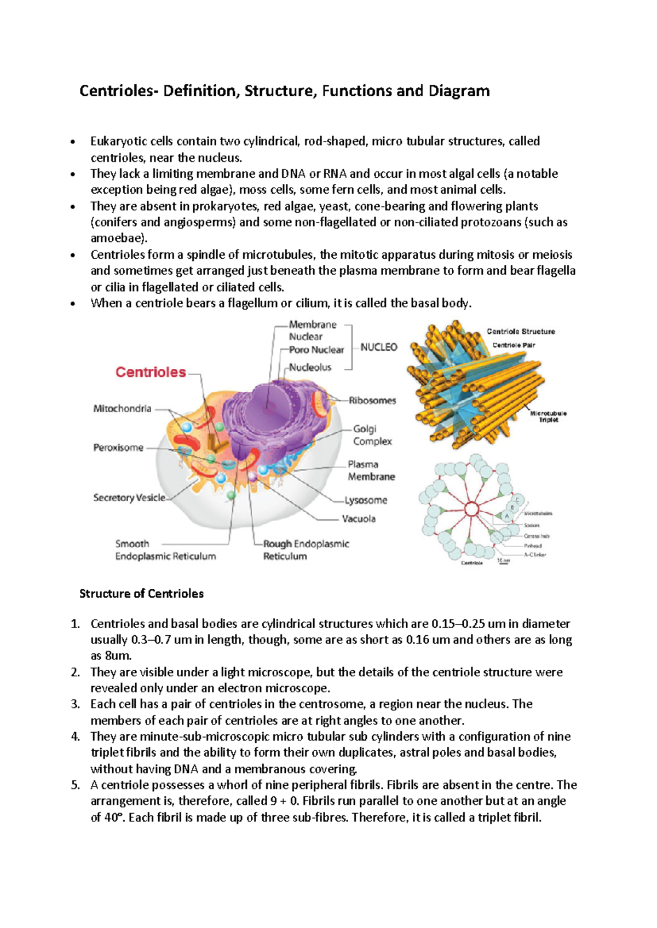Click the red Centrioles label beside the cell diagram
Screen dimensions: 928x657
(151, 372)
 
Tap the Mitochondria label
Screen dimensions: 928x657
(122, 409)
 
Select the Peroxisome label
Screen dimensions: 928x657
(118, 448)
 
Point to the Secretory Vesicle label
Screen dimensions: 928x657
(129, 498)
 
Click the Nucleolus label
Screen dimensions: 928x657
(310, 368)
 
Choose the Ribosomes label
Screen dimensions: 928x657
(372, 401)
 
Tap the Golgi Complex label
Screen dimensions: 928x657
(372, 435)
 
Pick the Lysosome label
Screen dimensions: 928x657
(366, 500)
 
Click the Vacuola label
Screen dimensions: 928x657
(359, 519)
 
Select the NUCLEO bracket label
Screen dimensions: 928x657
(379, 347)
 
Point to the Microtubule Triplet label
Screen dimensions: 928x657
(548, 416)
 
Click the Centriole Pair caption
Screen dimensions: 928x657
(514, 345)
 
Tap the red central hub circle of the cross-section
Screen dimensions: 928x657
(471, 510)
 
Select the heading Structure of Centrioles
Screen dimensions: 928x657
(141, 594)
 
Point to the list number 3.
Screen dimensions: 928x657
(75, 704)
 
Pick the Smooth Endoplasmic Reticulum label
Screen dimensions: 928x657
(165, 550)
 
